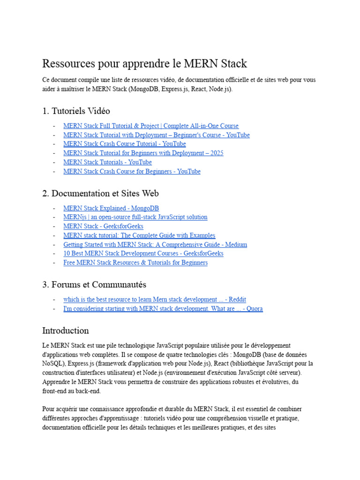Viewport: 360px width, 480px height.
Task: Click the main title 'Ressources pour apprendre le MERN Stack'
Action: click(144, 64)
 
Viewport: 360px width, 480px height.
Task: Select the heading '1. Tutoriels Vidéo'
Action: click(76, 111)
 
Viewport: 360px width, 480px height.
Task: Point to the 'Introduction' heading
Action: click(65, 330)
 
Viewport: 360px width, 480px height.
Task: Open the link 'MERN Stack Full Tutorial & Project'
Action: click(150, 126)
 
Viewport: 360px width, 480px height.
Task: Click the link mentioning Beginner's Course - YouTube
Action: click(156, 135)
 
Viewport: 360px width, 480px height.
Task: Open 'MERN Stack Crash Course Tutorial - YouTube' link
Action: click(124, 144)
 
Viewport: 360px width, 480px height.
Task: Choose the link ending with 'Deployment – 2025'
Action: click(143, 153)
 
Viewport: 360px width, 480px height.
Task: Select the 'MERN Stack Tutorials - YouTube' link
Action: click(107, 162)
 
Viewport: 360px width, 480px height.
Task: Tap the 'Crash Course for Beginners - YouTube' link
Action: click(132, 172)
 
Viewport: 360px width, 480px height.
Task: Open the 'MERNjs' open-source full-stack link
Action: click(135, 217)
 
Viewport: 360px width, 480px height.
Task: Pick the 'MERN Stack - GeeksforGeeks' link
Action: click(103, 226)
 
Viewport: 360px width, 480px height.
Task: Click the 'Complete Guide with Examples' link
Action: click(139, 235)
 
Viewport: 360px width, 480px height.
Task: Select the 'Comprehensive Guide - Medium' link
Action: click(155, 245)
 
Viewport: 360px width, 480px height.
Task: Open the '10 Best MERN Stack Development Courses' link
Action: click(143, 254)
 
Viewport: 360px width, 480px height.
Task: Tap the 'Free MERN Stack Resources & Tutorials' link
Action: click(135, 263)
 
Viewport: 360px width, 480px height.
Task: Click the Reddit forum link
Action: click(155, 300)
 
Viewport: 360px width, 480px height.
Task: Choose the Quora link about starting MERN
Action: click(163, 309)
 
